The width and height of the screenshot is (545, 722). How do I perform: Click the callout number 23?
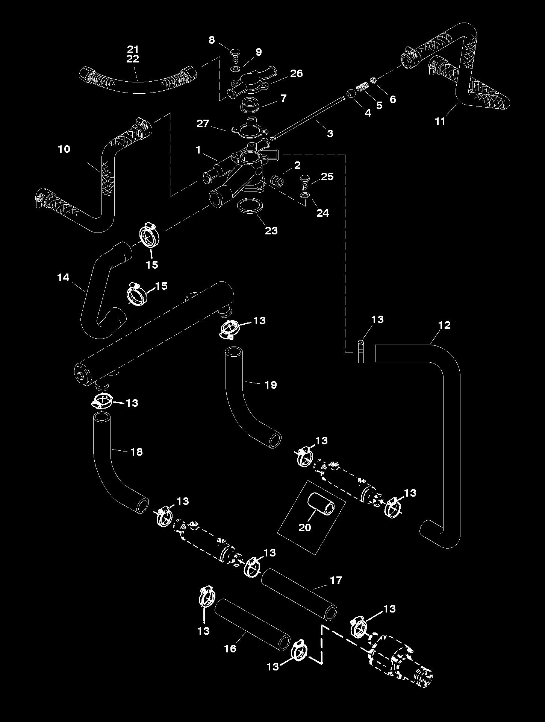coord(271,230)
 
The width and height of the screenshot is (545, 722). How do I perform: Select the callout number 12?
coord(444,325)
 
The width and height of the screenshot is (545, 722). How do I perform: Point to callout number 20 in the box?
coord(305,527)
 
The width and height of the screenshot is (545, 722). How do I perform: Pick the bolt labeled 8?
coord(235,55)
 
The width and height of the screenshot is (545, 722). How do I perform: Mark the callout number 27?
coord(203,123)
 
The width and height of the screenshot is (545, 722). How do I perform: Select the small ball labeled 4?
coord(350,93)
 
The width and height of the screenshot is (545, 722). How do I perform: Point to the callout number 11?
coord(440,121)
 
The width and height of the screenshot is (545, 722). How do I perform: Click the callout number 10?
coord(64,149)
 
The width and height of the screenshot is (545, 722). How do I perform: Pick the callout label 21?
coord(133,49)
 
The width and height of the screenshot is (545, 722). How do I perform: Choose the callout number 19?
coord(271,385)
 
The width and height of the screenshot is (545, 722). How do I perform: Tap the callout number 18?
coord(136,451)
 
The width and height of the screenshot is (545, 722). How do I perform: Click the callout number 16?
coord(230,648)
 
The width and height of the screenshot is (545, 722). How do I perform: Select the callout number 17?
coord(336,581)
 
